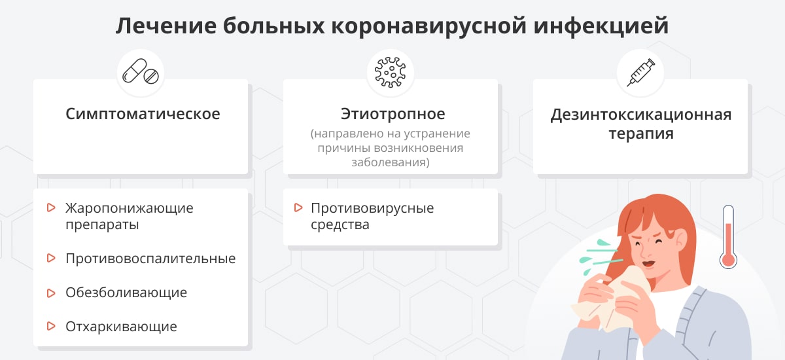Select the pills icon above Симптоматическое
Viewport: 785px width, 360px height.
click(141, 72)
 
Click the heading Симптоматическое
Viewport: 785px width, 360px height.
click(143, 114)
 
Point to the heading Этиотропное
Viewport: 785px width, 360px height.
click(392, 114)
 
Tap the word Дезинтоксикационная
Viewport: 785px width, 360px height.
click(640, 115)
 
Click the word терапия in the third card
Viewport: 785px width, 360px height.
click(640, 134)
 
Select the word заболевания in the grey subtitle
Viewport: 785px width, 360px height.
click(390, 162)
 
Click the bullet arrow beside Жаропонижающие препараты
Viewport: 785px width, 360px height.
click(51, 208)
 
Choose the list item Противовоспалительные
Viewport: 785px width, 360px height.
click(150, 259)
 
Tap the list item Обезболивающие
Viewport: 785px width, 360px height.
click(126, 293)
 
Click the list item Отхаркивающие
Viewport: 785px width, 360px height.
click(121, 326)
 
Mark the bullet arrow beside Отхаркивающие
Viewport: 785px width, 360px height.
click(51, 326)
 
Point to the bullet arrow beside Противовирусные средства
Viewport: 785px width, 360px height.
click(298, 208)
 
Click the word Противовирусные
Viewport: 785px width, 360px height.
click(372, 208)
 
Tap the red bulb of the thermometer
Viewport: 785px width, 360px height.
click(728, 259)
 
